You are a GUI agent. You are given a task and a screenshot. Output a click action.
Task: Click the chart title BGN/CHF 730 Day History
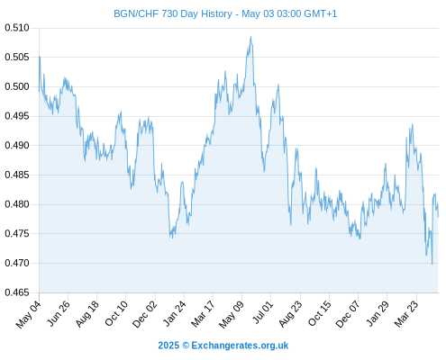[x=173, y=13]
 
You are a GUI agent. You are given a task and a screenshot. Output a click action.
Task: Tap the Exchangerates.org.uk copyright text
[x=223, y=346]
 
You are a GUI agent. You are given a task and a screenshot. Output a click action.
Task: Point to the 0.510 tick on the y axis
[x=17, y=28]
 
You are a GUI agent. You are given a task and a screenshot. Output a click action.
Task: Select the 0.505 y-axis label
[x=17, y=57]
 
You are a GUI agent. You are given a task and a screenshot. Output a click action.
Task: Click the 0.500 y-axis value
[x=17, y=86]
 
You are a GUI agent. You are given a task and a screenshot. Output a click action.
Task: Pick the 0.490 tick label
[x=17, y=146]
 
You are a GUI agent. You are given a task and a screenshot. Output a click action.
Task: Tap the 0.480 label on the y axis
[x=17, y=204]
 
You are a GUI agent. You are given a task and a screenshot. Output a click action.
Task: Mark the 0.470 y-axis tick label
[x=17, y=263]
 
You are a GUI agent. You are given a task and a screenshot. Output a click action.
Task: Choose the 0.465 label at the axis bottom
[x=17, y=292]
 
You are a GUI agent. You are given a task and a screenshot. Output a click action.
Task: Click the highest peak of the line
[x=250, y=37]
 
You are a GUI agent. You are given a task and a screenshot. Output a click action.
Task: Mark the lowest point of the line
[x=432, y=265]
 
